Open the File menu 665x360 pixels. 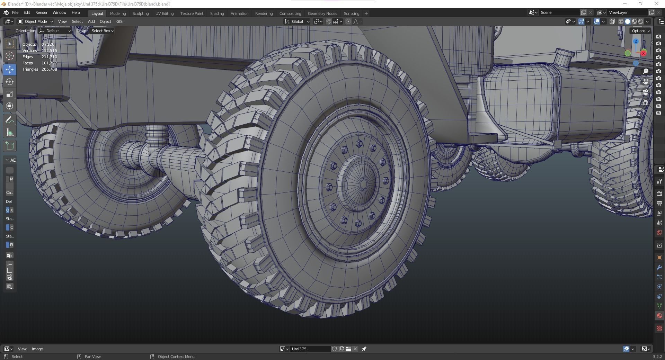(15, 12)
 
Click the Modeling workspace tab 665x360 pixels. (118, 13)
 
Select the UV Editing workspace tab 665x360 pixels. (164, 13)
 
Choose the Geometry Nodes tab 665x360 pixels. (322, 13)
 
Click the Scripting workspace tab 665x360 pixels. (351, 13)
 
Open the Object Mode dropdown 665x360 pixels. (35, 21)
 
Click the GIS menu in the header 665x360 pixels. (119, 21)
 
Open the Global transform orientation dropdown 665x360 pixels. (297, 21)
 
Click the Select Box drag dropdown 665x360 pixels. (102, 31)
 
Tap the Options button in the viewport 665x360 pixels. (640, 31)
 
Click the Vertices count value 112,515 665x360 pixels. (49, 51)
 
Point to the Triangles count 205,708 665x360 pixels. (49, 69)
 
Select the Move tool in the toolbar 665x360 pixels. (10, 70)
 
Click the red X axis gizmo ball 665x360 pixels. (643, 53)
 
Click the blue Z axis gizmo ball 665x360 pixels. (636, 42)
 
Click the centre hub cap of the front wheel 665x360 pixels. (363, 183)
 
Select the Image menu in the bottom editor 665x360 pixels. (37, 349)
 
